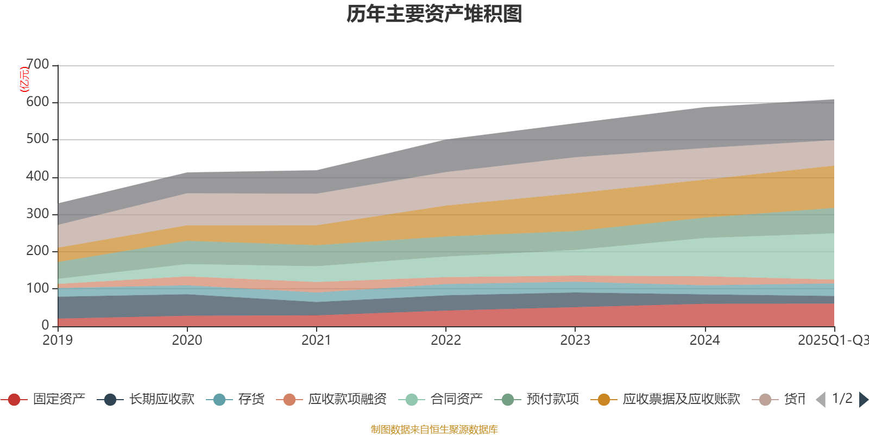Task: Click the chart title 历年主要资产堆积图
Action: [x=434, y=14]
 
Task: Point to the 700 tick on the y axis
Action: [x=37, y=65]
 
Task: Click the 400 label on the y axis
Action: [x=37, y=177]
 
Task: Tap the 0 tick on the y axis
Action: [x=46, y=325]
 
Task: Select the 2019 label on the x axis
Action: [x=58, y=340]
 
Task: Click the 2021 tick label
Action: [x=317, y=340]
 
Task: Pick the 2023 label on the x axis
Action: [x=575, y=340]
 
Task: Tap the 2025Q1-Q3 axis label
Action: [x=833, y=340]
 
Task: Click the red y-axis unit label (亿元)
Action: [x=24, y=79]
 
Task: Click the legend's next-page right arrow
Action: [x=863, y=400]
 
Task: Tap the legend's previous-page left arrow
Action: [x=821, y=400]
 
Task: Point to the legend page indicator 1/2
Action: [x=842, y=399]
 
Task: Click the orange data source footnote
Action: [x=434, y=430]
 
